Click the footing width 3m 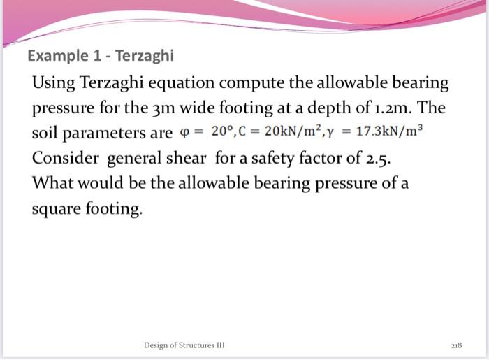[x=146, y=109]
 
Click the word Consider [x=65, y=158]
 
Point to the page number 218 [x=456, y=345]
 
